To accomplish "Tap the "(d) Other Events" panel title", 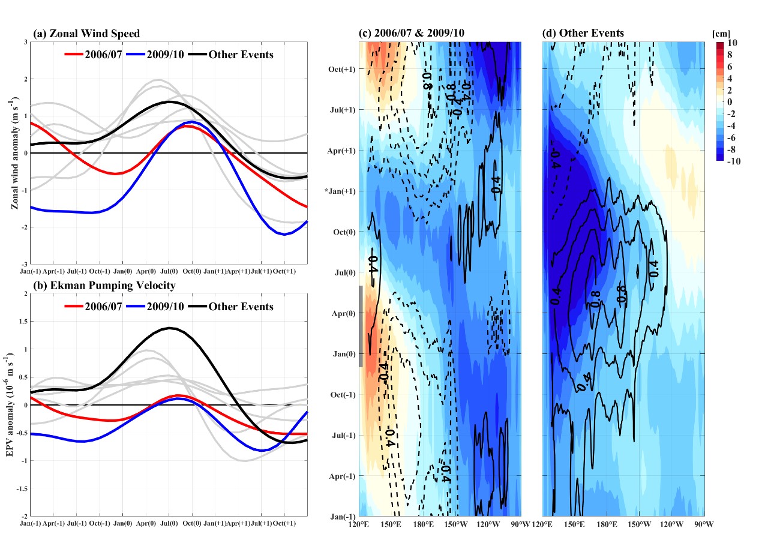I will pos(583,33).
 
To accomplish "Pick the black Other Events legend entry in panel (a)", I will pos(230,55).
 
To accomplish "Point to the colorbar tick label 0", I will pos(730,102).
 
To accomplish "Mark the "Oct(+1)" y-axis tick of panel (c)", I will pos(343,69).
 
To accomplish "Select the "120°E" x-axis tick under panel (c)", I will pos(359,524).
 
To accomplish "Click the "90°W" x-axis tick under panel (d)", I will pos(704,524).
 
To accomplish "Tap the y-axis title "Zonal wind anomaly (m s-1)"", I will pos(14,153).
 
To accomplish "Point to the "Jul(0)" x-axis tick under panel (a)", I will pos(169,271).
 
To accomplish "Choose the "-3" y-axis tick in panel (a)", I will pos(25,264).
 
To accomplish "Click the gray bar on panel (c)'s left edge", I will pos(361,326).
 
